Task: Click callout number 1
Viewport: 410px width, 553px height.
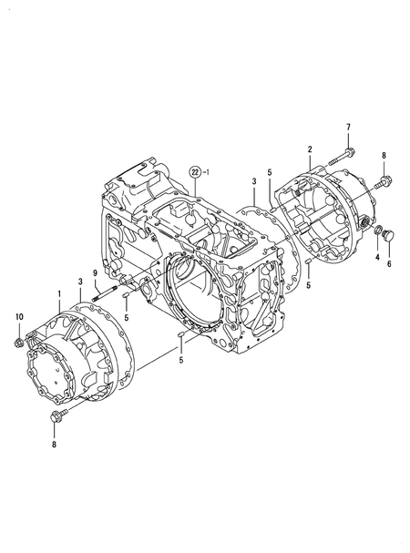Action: point(59,294)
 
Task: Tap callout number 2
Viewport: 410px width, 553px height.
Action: point(310,148)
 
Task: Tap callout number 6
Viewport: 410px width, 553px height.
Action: point(389,263)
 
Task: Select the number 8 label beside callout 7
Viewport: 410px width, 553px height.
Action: point(384,156)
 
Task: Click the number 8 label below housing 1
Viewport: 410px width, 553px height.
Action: point(53,445)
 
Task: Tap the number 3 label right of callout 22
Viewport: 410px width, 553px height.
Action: point(254,184)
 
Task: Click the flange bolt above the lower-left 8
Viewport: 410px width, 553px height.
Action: point(54,417)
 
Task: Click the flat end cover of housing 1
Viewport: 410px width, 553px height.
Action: point(56,373)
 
